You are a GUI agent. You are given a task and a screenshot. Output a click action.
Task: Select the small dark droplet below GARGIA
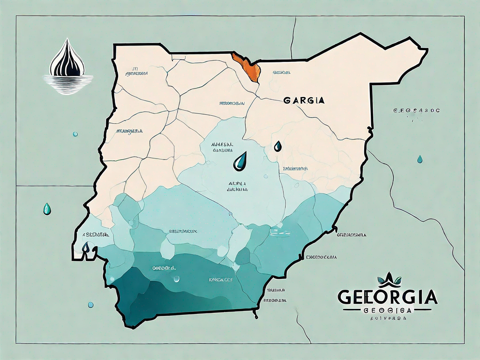click(278, 146)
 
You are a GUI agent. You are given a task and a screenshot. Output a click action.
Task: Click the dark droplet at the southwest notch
click(86, 247)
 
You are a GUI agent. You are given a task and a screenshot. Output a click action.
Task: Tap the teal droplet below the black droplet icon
click(75, 135)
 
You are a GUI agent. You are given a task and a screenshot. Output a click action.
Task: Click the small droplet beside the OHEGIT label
click(176, 279)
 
